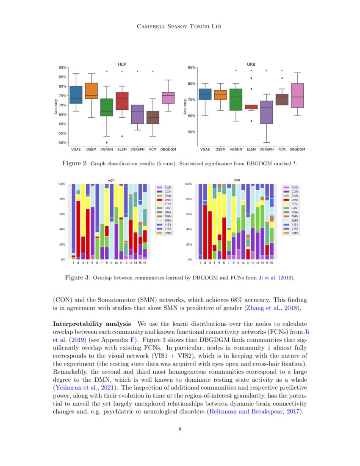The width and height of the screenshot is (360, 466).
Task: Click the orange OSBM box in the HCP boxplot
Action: pyautogui.click(x=91, y=91)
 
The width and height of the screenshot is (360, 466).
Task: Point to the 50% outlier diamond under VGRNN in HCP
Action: pyautogui.click(x=107, y=142)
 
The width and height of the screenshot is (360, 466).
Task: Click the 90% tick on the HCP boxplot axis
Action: pyautogui.click(x=62, y=67)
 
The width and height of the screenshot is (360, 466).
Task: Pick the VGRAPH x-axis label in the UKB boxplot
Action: pyautogui.click(x=267, y=149)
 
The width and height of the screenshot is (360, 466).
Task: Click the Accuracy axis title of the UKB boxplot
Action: pyautogui.click(x=185, y=107)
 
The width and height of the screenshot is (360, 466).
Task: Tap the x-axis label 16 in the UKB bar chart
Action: pyautogui.click(x=271, y=263)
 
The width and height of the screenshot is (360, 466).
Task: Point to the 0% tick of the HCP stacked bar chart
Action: pyautogui.click(x=62, y=259)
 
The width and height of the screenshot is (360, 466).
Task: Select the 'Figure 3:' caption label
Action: pyautogui.click(x=77, y=278)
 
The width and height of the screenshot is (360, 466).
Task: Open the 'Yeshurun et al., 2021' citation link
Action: pyautogui.click(x=87, y=388)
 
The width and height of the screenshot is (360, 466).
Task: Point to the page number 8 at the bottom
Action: pyautogui.click(x=180, y=430)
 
